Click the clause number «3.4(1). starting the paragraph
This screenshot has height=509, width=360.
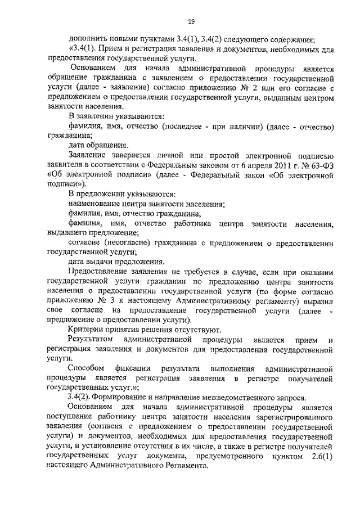coord(82,49)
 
